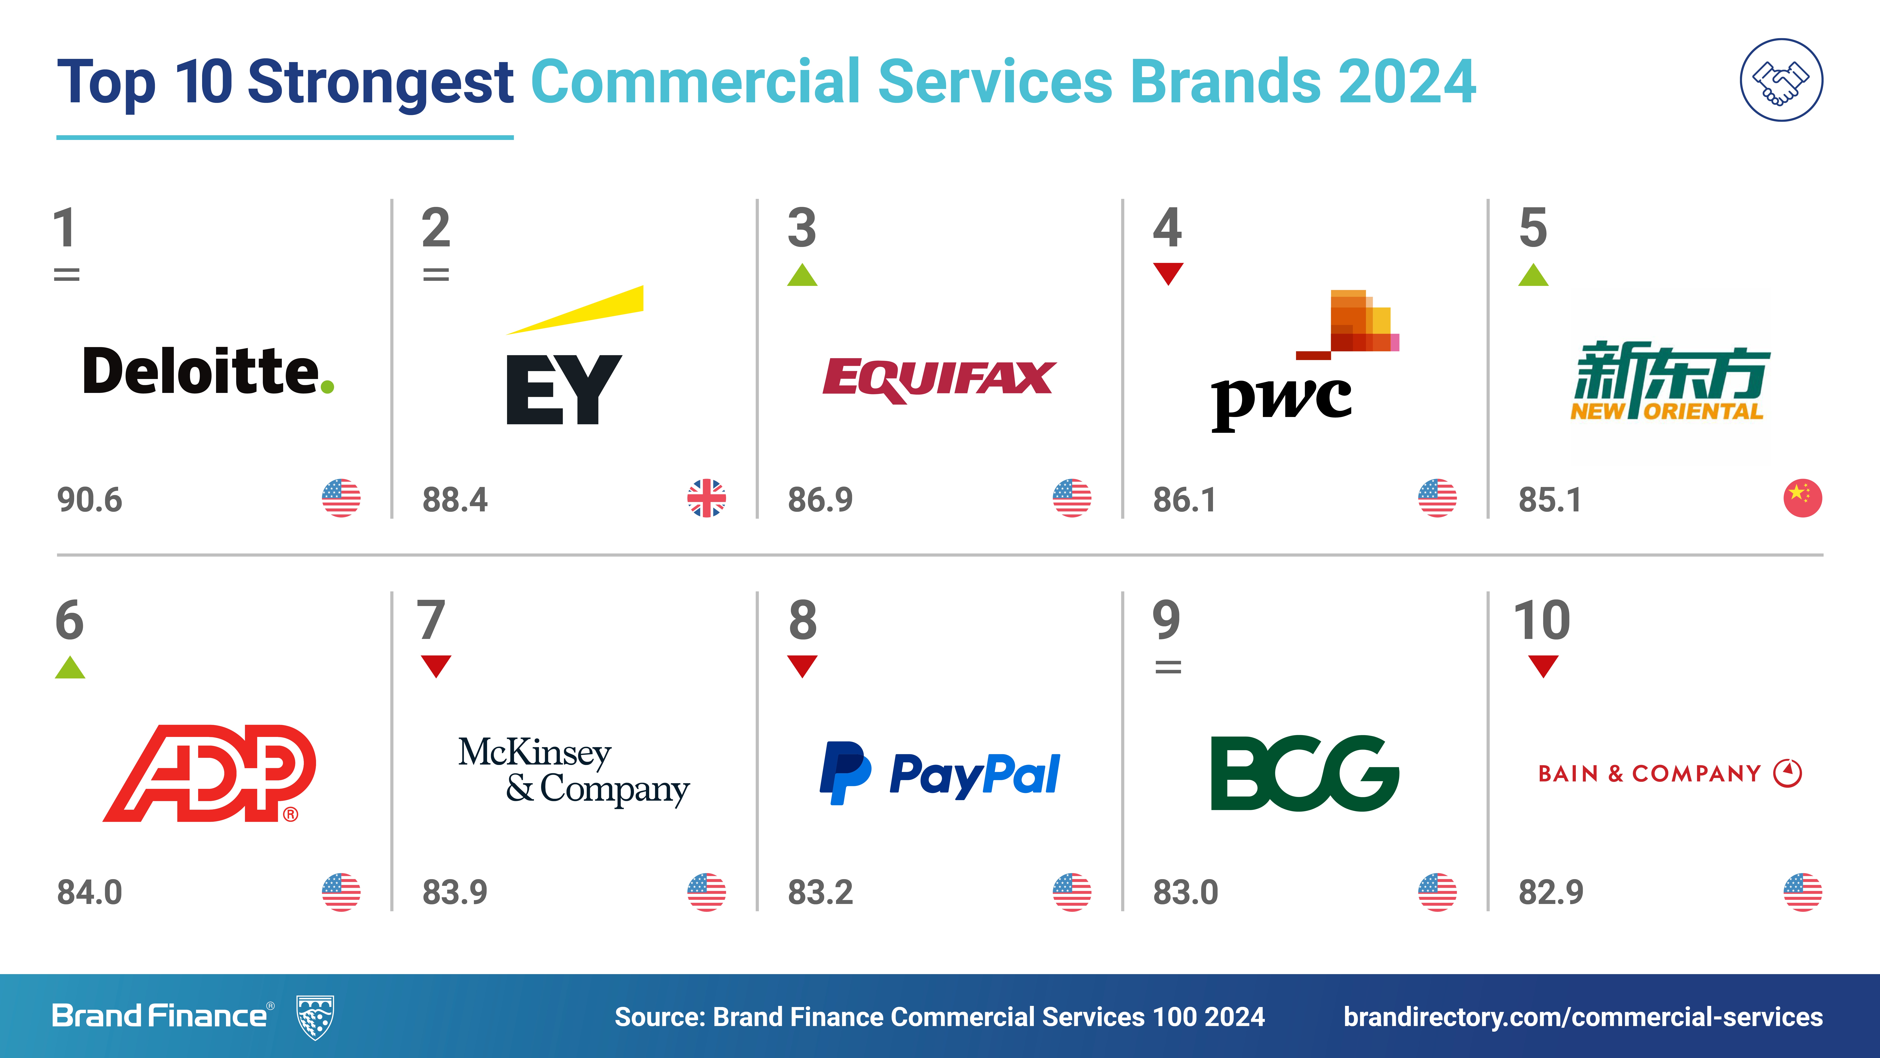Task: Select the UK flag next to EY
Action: coord(707,499)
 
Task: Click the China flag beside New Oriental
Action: coord(1803,499)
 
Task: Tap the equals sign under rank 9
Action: coord(1168,667)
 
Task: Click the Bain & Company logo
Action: coord(1670,773)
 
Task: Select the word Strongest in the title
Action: coord(380,83)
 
